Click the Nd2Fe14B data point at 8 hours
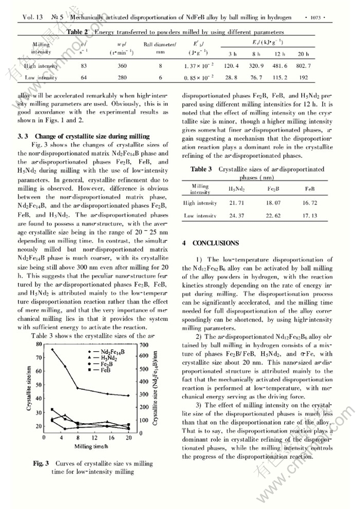point(78,388)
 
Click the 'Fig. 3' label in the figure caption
point(41,463)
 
